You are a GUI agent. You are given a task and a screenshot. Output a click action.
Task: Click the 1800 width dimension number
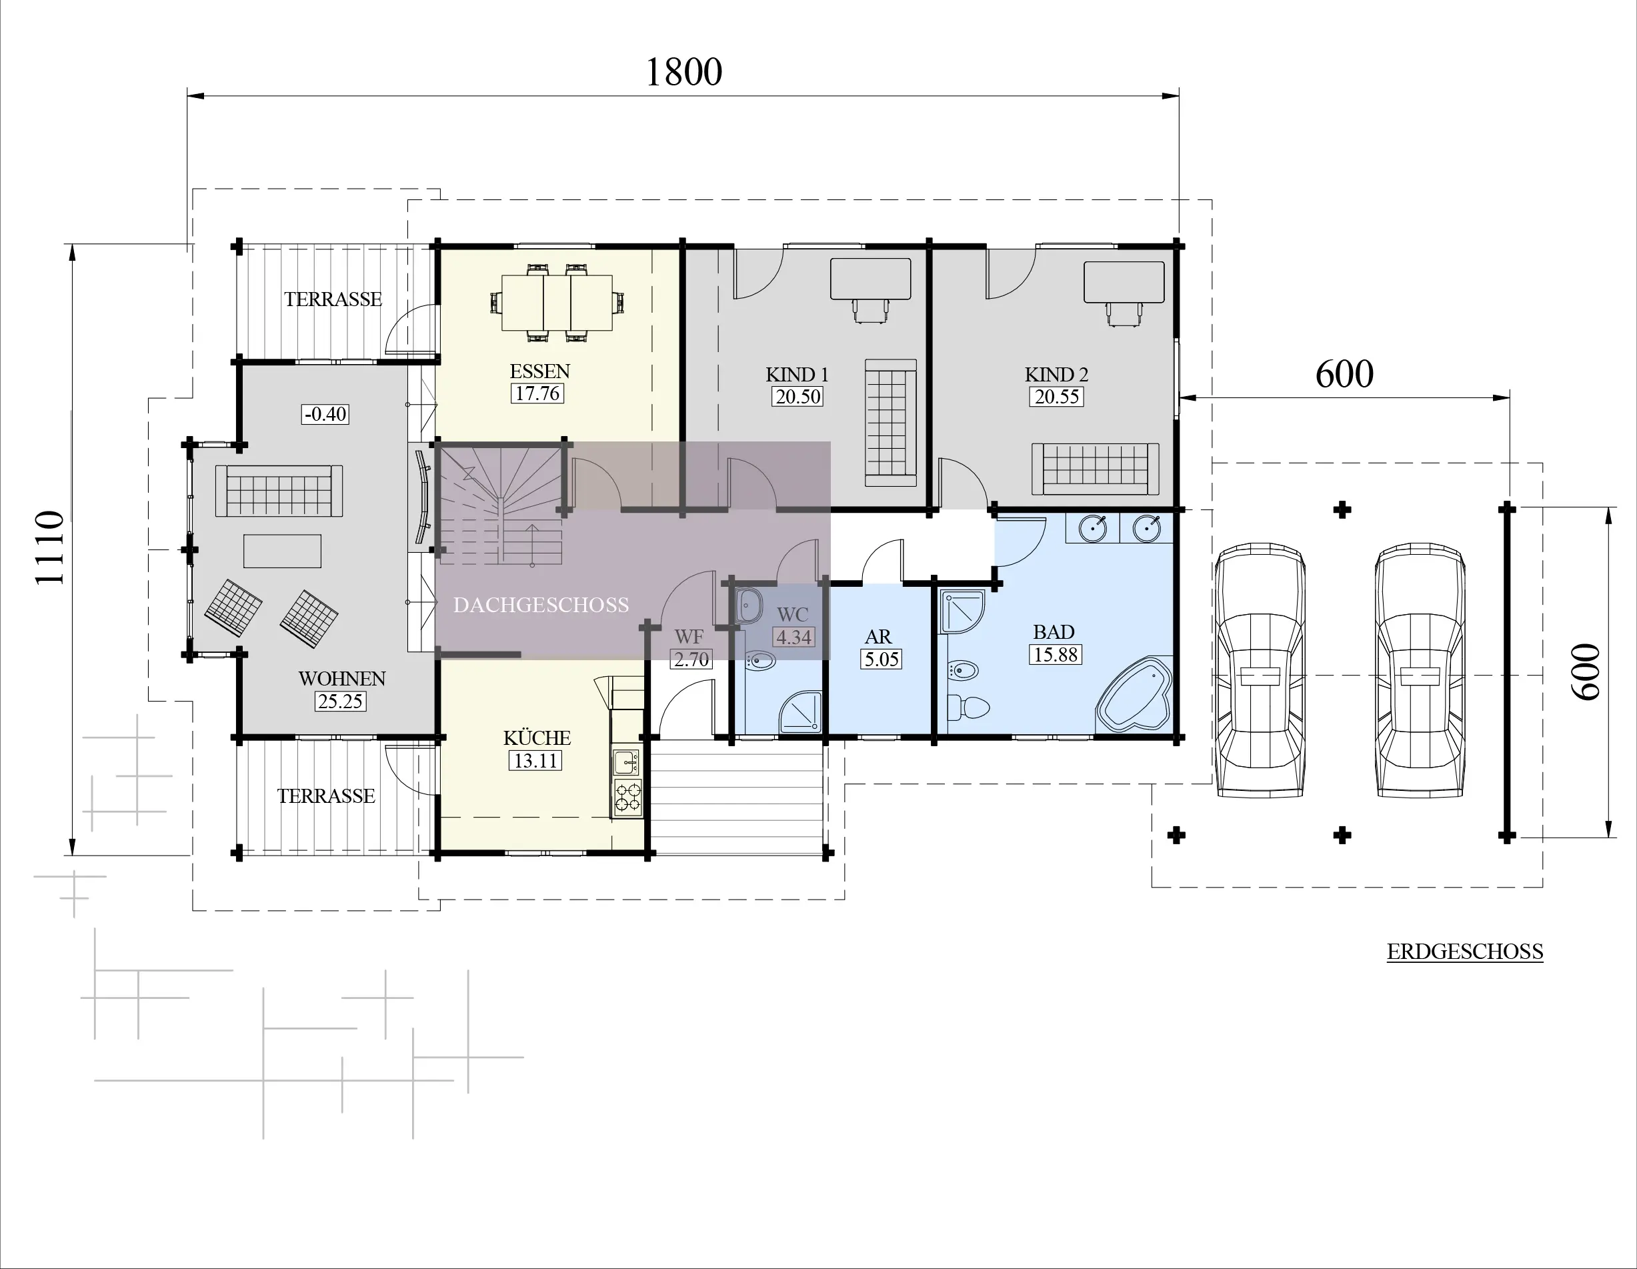point(683,73)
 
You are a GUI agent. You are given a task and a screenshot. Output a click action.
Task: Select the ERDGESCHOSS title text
point(1464,952)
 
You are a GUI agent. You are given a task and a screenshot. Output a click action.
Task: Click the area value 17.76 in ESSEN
point(537,393)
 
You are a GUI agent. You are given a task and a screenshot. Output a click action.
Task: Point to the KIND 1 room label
point(797,374)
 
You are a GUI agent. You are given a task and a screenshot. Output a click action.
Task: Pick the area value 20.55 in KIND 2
point(1056,397)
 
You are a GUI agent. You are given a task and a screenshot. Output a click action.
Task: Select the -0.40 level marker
point(325,413)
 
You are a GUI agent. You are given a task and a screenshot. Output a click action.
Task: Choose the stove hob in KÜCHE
point(628,798)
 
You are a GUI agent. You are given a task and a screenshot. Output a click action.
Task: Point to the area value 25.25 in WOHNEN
point(340,702)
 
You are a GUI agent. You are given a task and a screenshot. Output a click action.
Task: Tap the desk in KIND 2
point(1124,282)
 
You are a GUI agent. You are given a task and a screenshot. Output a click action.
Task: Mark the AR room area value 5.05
point(881,659)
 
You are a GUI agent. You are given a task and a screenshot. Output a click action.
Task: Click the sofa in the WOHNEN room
point(279,491)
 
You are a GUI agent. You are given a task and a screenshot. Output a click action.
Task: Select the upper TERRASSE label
point(333,299)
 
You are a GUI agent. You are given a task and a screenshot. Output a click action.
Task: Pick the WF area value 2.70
point(690,660)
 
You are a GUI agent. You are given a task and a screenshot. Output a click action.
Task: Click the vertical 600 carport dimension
point(1586,672)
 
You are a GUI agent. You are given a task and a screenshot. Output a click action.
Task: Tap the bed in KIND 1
point(890,422)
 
